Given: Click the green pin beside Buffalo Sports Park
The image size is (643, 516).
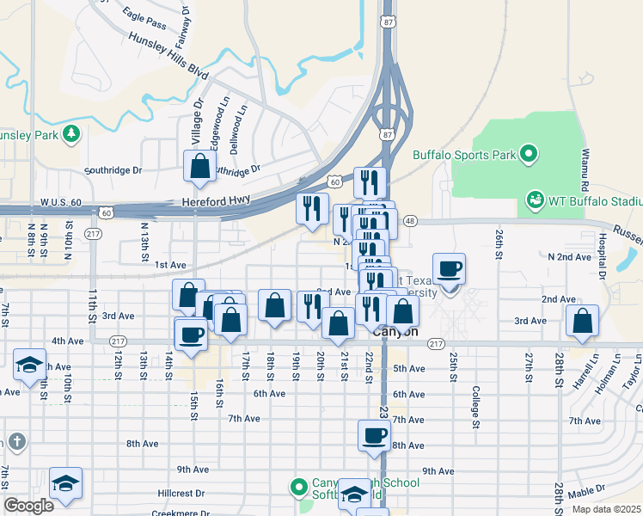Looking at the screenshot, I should [529, 155].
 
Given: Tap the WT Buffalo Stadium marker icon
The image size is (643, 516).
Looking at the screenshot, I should [534, 200].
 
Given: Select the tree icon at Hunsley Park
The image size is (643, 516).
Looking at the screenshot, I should [71, 133].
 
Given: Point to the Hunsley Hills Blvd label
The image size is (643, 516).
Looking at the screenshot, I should [168, 56].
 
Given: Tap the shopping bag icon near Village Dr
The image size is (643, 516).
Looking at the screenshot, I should [199, 167].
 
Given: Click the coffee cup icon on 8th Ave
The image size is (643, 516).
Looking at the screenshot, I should [374, 435].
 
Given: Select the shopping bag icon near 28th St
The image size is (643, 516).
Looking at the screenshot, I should [583, 321].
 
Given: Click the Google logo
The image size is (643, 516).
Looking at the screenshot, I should [28, 506].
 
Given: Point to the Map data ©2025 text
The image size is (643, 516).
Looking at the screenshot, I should [607, 509].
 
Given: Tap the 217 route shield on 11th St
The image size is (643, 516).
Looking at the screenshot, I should [94, 234].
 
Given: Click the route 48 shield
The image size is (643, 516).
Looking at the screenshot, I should [409, 221].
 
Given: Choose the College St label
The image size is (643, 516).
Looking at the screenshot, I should [475, 407].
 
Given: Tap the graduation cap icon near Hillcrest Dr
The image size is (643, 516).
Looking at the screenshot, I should [65, 483].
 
